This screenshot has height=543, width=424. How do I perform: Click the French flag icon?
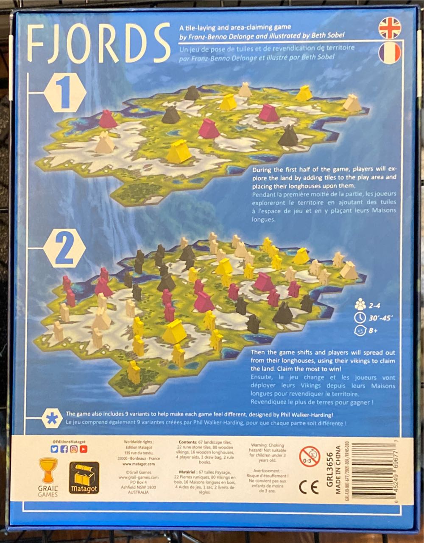click(x=390, y=53)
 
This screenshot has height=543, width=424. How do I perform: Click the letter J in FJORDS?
click(x=58, y=43)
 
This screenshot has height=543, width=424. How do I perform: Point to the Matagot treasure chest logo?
click(x=84, y=478)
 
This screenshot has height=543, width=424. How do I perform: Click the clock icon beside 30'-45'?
click(x=359, y=317)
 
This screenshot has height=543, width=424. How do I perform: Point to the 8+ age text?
click(x=373, y=331)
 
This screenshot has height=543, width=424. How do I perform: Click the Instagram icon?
click(x=74, y=449)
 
